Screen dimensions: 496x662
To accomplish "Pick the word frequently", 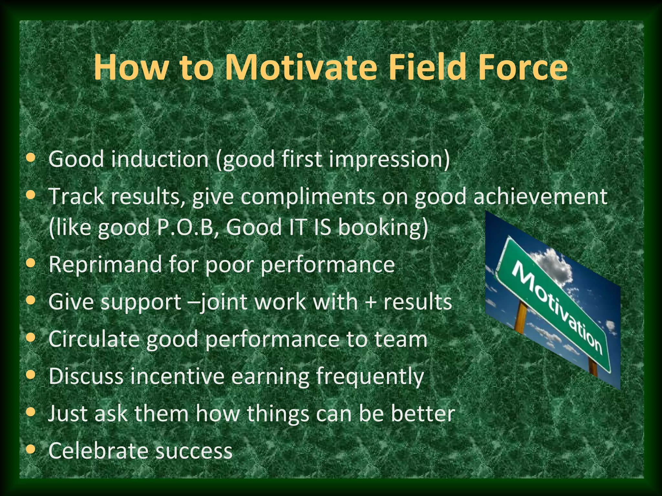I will pos(369,377).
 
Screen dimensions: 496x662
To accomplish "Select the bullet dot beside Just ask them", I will pos(31,412).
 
